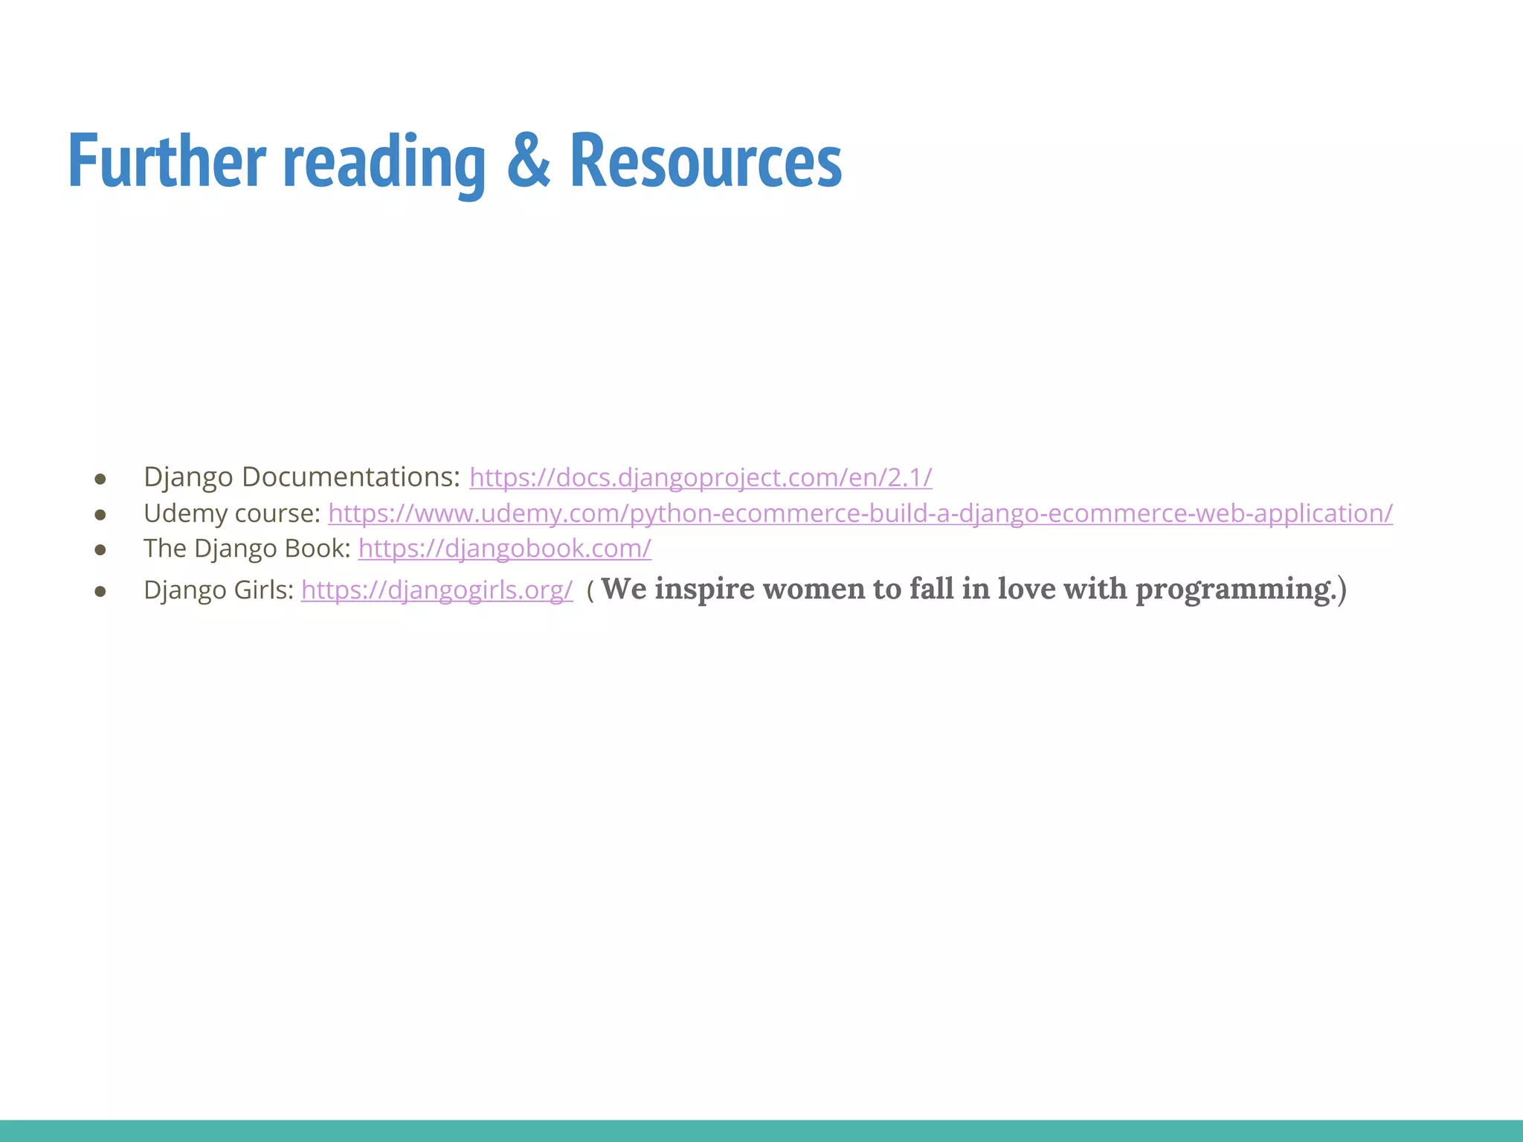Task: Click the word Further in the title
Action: [167, 160]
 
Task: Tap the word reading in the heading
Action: [384, 162]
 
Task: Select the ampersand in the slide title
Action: [528, 160]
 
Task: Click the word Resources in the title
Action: [706, 160]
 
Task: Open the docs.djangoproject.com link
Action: [701, 477]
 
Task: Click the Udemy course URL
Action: [860, 513]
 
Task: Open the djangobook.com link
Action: [504, 549]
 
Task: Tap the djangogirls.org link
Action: [437, 590]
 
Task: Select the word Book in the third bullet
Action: [321, 549]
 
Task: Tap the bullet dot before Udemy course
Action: [100, 514]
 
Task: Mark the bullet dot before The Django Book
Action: [100, 550]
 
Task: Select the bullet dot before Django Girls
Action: [100, 592]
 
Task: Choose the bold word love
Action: [1026, 589]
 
